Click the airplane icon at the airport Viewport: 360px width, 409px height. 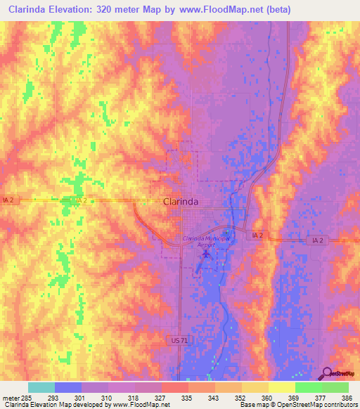(205, 254)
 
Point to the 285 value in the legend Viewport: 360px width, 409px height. (27, 397)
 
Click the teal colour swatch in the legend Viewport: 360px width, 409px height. (41, 387)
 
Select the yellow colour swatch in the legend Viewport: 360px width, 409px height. (281, 387)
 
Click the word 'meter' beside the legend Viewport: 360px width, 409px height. (10, 397)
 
